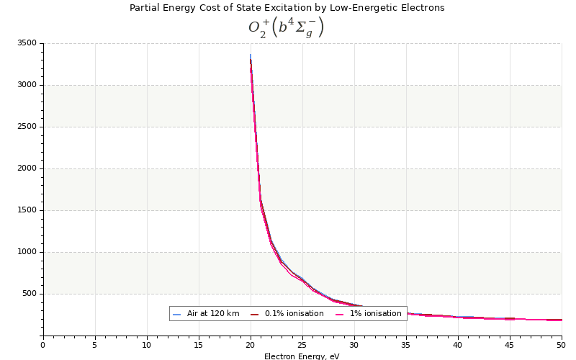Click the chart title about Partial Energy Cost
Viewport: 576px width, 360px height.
287,8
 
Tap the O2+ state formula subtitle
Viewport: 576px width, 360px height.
287,27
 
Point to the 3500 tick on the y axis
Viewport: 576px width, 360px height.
27,43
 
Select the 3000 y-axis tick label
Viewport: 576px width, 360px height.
27,85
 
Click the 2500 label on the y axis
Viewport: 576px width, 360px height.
27,127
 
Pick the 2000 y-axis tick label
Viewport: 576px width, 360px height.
27,168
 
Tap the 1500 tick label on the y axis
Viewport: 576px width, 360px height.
27,210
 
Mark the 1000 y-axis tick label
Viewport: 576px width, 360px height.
27,252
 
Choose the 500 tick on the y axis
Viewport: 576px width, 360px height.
29,294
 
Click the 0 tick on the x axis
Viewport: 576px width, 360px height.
43,345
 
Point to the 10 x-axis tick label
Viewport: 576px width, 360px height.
147,345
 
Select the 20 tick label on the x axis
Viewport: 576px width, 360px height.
251,345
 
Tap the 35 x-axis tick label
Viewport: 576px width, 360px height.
406,345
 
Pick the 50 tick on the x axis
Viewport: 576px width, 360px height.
562,345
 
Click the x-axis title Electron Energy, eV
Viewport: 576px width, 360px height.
302,356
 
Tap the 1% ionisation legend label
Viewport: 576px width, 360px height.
375,314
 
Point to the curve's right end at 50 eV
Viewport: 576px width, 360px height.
561,320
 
